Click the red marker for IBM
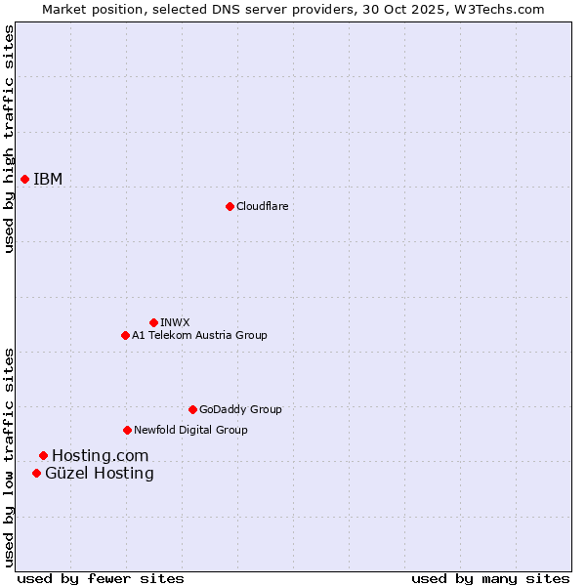pos(24,179)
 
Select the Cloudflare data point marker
pos(230,206)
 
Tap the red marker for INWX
pos(153,322)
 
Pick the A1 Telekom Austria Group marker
pos(125,335)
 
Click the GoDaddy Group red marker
pos(192,409)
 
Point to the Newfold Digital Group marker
pos(127,430)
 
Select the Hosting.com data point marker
pos(43,455)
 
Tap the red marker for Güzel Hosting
pos(36,473)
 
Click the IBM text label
pos(48,179)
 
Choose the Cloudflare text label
pos(262,206)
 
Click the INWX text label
pos(175,322)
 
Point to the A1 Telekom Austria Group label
pos(199,335)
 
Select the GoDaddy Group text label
pos(240,409)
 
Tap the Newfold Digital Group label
pos(190,430)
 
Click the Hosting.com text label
pos(100,455)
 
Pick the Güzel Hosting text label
pos(99,474)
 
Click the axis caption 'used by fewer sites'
pos(101,578)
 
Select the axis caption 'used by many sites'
pos(490,578)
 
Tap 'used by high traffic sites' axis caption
pos(9,139)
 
